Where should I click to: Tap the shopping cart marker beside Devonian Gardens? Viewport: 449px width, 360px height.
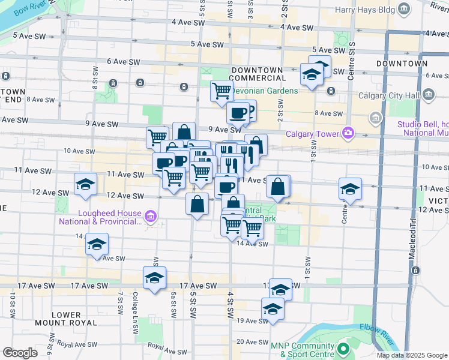tap(221, 91)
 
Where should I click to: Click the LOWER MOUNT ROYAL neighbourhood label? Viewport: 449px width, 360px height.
tap(66, 319)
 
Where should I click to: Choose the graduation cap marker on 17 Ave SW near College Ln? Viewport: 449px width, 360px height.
tap(154, 278)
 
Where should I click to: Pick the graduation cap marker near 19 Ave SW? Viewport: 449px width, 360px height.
tap(273, 309)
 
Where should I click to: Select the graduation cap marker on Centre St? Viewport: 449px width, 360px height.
tap(350, 190)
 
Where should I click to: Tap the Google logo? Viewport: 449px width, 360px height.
tap(20, 353)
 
